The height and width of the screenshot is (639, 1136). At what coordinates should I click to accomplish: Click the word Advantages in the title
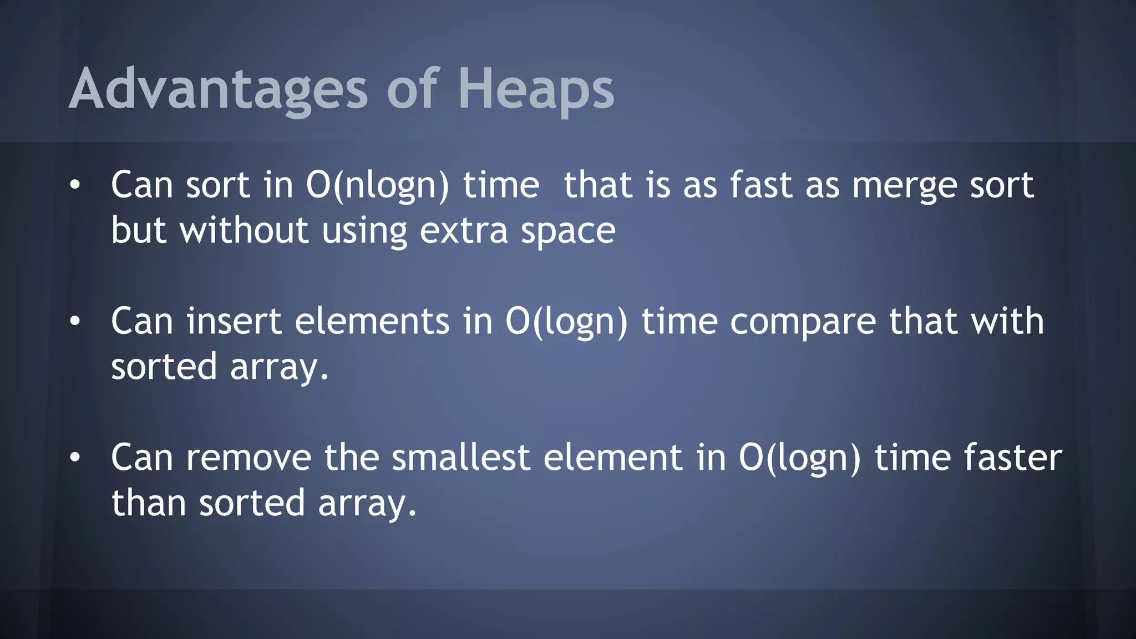(218, 89)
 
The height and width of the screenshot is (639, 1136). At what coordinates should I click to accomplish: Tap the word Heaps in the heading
(536, 89)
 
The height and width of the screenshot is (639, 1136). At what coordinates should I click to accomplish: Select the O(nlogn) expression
(377, 185)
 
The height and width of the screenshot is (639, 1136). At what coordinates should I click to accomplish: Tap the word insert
(234, 322)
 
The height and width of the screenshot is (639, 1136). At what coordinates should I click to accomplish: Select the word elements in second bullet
(372, 322)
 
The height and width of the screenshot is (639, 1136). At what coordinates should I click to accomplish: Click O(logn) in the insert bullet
(566, 322)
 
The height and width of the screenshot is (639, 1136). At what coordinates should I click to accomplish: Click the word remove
(248, 458)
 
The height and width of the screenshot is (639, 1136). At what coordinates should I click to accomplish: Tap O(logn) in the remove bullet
(799, 458)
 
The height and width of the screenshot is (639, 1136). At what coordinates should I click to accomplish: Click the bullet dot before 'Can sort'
(75, 185)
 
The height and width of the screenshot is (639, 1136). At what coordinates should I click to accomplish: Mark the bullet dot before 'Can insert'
(75, 322)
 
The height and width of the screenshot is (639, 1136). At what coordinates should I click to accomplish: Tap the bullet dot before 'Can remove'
(75, 458)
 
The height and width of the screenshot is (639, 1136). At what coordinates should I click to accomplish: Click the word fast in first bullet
(760, 185)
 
